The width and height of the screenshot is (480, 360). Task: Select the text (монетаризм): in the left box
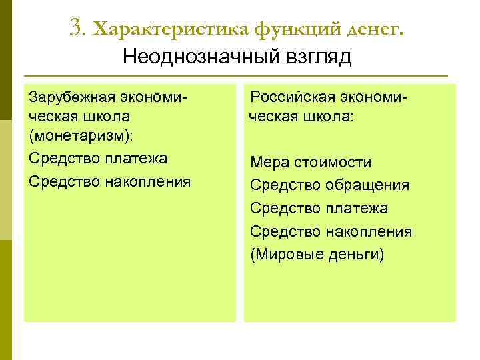point(81,136)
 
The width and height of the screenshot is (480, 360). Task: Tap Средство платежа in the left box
point(98,159)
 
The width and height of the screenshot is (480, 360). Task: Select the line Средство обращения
point(329,185)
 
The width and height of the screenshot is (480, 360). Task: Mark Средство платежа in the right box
point(319,209)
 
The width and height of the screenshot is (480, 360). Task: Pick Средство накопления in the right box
point(331,232)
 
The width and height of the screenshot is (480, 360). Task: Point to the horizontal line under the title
point(235,75)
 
